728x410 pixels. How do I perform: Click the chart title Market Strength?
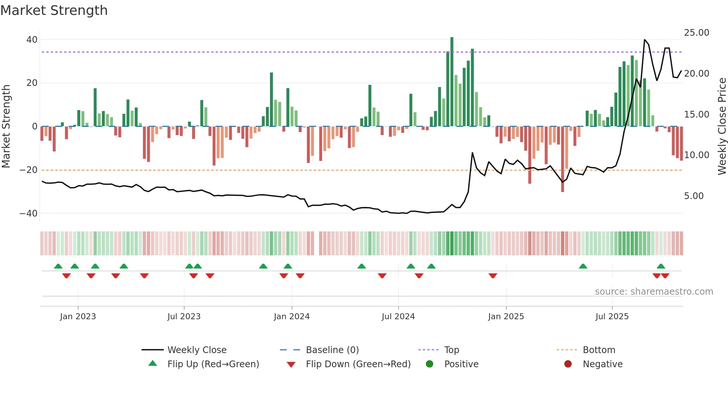point(54,10)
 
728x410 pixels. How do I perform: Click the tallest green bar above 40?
point(452,82)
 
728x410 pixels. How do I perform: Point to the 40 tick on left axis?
point(32,40)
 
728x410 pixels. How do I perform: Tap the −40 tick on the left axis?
point(29,214)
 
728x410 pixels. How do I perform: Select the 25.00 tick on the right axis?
point(696,33)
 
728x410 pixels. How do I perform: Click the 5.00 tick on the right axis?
point(693,196)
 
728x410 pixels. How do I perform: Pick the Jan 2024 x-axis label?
point(292,317)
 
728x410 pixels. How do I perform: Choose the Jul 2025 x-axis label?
point(612,317)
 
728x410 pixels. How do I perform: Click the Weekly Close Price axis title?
point(722,126)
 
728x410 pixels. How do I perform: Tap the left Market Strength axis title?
point(6,126)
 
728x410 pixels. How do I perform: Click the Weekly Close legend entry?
point(196,350)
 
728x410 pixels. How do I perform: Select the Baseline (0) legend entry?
point(332,350)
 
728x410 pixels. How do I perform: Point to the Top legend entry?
point(451,350)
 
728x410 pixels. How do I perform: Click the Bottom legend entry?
point(599,350)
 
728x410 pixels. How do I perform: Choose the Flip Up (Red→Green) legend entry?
point(213,364)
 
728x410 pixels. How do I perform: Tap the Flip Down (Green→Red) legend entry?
point(358,364)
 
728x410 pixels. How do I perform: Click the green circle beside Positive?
point(430,364)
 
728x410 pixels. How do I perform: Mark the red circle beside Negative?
point(568,364)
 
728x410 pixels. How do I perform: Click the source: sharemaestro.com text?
point(654,292)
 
